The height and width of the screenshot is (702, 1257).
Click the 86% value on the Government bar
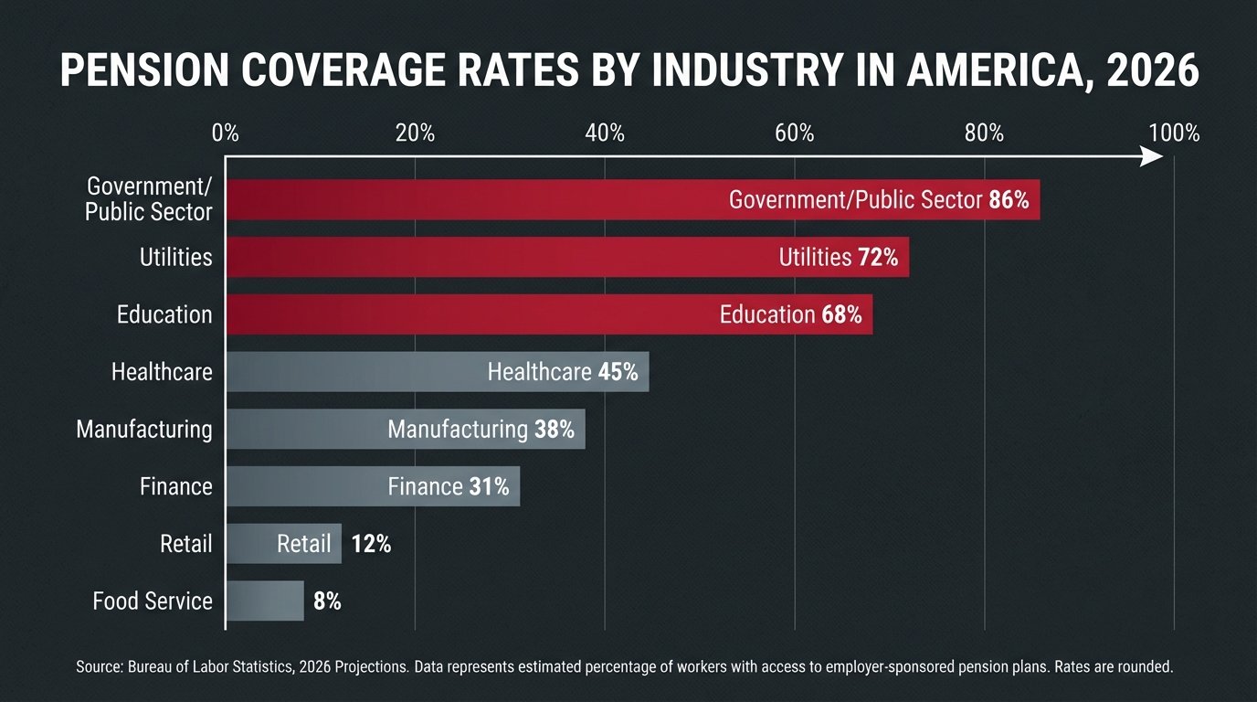(x=1009, y=200)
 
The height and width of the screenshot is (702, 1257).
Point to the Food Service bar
(x=264, y=601)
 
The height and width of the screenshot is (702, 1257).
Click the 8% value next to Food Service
(x=327, y=601)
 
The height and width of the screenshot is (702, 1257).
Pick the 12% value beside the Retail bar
(x=370, y=544)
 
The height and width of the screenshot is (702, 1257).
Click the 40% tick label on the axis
(x=605, y=133)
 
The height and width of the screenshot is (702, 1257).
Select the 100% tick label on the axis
(x=1174, y=133)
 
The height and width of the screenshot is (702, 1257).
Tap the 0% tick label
(x=225, y=133)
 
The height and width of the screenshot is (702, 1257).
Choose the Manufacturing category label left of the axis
(x=144, y=429)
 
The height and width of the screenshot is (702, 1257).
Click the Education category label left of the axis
(x=164, y=314)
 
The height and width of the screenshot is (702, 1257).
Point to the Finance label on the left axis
(x=175, y=486)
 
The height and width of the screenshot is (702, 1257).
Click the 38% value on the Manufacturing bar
(x=554, y=430)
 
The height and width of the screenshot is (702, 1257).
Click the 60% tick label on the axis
(x=794, y=133)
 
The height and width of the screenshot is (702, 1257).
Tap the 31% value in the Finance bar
(x=489, y=487)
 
